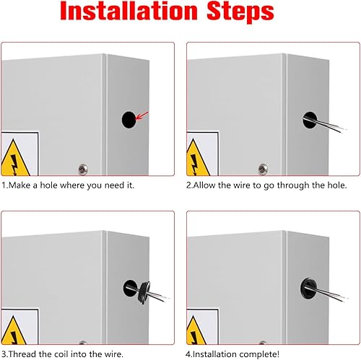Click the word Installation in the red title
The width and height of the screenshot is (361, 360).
[x=129, y=11]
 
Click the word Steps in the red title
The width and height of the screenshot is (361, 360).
[x=240, y=12]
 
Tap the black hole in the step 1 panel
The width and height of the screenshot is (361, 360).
[x=129, y=120]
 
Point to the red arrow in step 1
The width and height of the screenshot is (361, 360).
[x=142, y=115]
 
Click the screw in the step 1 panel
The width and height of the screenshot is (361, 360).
[x=83, y=170]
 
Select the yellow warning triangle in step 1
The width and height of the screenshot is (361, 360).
[x=14, y=159]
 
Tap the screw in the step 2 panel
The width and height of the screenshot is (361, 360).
[x=263, y=169]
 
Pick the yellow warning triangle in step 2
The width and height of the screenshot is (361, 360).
[x=197, y=159]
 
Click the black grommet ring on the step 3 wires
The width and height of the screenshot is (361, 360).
[x=144, y=292]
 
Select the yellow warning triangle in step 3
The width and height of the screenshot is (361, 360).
[x=13, y=330]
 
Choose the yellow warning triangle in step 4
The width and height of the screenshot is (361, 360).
[x=196, y=330]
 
